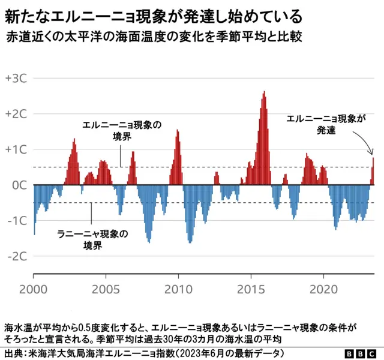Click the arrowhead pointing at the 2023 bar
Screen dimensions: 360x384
(372, 153)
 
